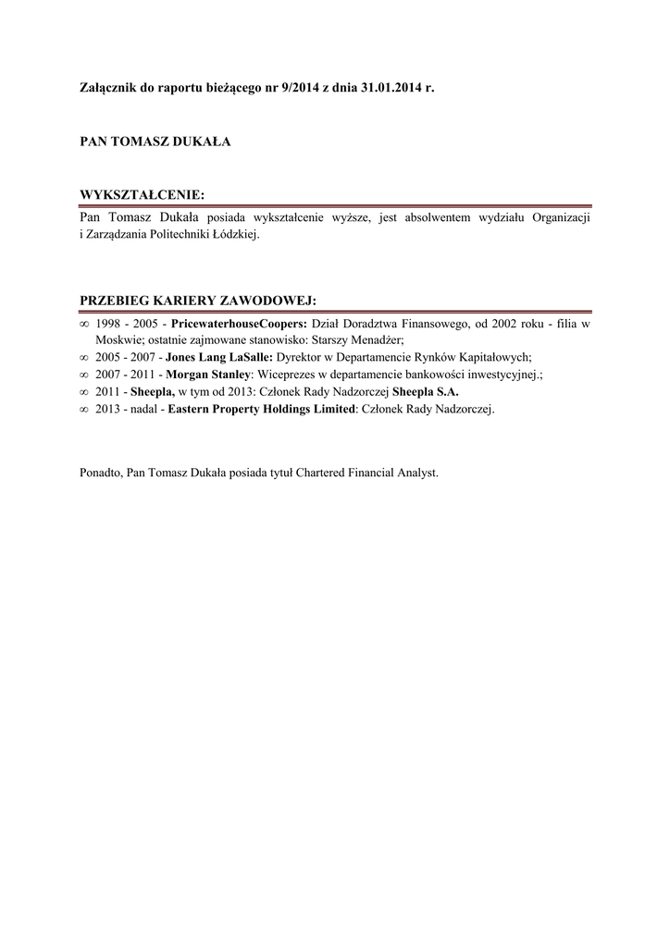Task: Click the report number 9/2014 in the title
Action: click(296, 86)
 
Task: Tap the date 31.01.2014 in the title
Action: click(388, 86)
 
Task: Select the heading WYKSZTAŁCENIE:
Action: click(142, 194)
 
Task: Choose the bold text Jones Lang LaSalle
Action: click(218, 358)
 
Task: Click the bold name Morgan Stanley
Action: click(208, 375)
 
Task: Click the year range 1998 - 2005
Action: click(129, 325)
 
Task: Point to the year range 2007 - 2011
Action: click(129, 375)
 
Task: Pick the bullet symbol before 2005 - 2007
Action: click(84, 358)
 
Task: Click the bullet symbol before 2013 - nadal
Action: click(84, 408)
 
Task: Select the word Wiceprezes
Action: click(291, 375)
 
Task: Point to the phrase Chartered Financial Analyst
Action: click(366, 473)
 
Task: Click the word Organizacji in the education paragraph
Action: click(558, 217)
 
